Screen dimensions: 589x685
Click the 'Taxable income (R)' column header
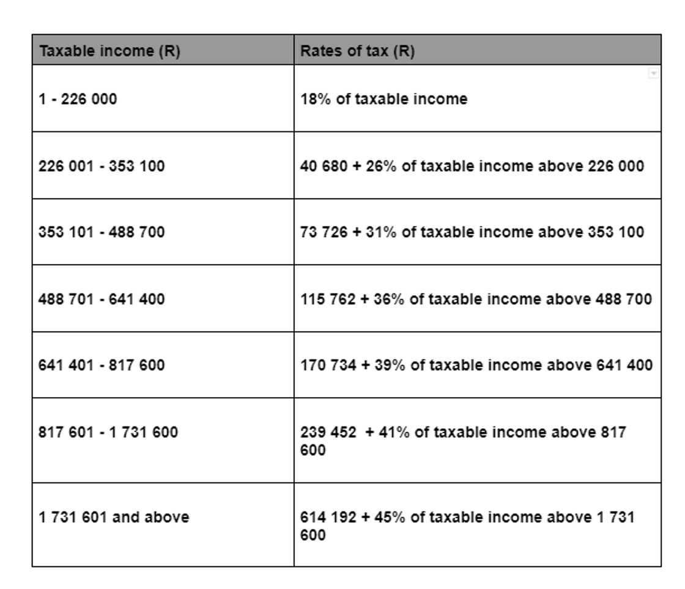(109, 51)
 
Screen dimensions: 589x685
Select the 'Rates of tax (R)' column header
(357, 51)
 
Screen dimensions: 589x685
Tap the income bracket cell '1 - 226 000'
(78, 99)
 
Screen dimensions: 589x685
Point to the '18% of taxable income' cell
(383, 99)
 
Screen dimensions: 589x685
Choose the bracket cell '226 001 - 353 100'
(102, 166)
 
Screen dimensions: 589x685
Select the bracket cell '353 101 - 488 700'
(102, 232)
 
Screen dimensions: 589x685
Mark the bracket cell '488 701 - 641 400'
(102, 299)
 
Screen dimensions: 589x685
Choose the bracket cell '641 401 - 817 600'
(102, 365)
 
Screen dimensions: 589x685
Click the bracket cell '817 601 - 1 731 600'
(108, 433)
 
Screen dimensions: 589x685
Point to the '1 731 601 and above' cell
(114, 518)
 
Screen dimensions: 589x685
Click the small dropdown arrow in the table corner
(653, 73)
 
